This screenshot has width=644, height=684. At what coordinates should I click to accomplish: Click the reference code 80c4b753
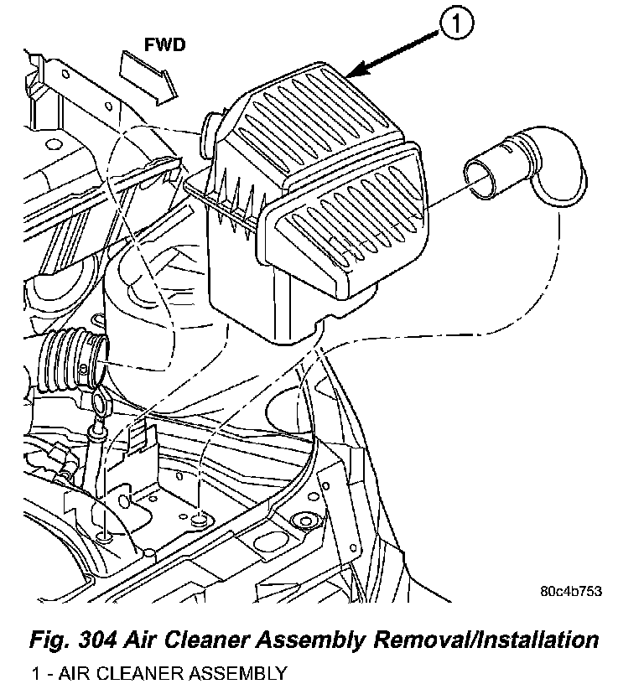[571, 590]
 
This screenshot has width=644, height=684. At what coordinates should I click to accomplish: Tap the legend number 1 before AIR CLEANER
[36, 672]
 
